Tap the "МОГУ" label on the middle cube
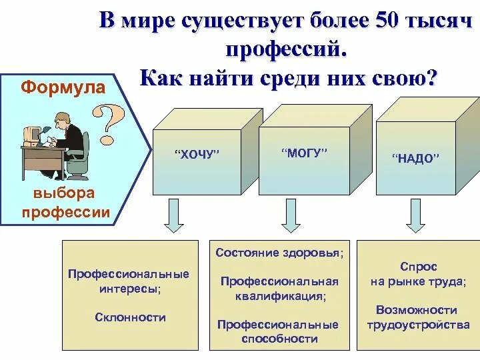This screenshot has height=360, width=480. (305, 153)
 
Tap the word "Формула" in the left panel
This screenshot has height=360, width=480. (63, 87)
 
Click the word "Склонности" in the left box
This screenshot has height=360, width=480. (131, 317)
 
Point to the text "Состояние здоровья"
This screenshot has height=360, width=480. (280, 253)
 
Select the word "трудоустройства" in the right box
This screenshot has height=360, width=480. (418, 325)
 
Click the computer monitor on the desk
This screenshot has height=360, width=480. (32, 134)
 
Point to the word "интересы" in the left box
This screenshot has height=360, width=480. (129, 289)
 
